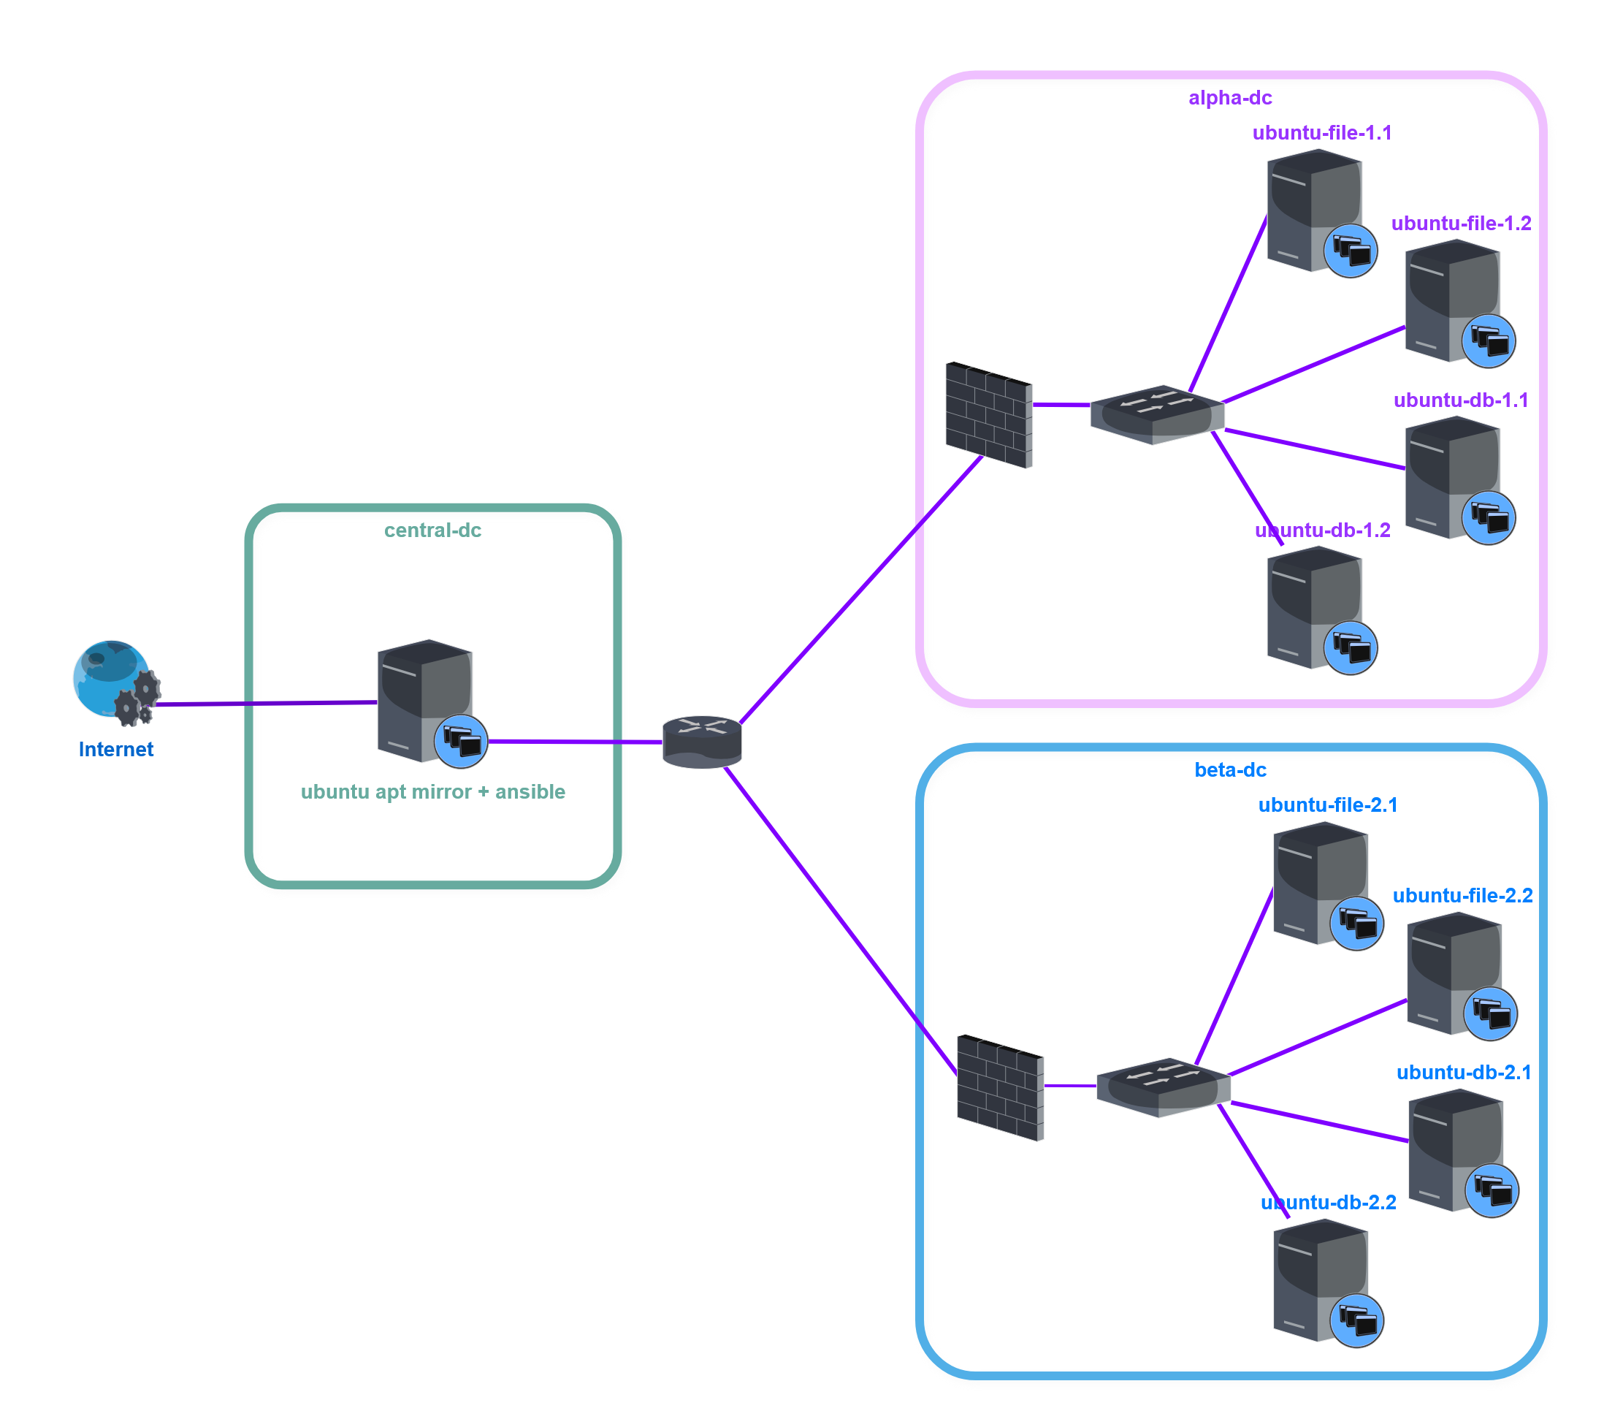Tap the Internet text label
[x=115, y=749]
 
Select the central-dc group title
[x=432, y=530]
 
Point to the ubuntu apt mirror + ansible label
[x=432, y=792]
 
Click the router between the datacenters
[x=701, y=742]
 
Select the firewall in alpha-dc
[x=989, y=415]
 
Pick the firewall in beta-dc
[x=1000, y=1087]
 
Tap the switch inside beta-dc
[x=1163, y=1087]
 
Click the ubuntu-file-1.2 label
[x=1461, y=224]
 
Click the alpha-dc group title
[x=1229, y=97]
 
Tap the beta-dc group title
[x=1229, y=769]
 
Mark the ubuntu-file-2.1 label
[x=1328, y=804]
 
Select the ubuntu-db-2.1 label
[x=1463, y=1072]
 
